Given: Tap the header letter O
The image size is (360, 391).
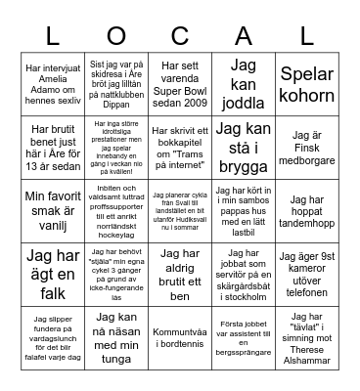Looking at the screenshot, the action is [x=116, y=36].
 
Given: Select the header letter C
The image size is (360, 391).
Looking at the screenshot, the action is [x=180, y=36].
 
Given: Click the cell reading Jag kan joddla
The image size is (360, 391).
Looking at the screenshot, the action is [x=243, y=84].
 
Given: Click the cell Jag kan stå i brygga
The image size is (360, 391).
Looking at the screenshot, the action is [x=243, y=146].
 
